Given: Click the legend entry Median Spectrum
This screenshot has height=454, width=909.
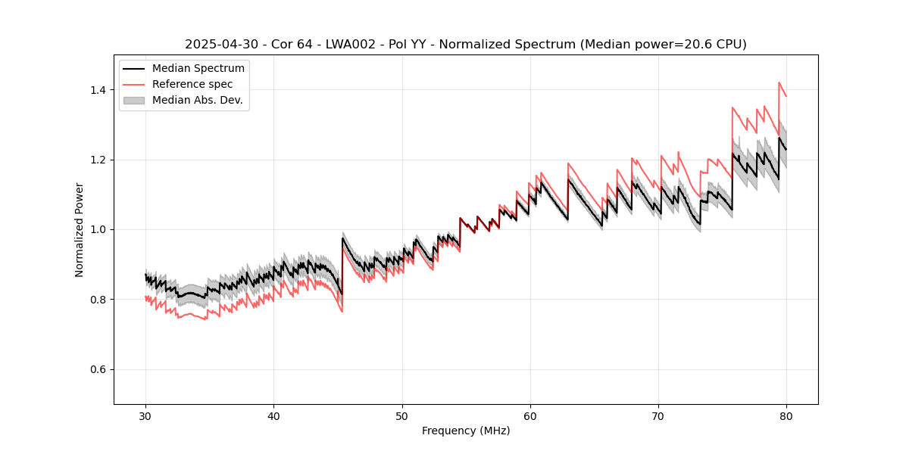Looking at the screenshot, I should (x=198, y=69).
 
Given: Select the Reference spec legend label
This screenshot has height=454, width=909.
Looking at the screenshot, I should (x=192, y=84).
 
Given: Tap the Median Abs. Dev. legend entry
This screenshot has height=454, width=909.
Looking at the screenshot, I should (x=198, y=100).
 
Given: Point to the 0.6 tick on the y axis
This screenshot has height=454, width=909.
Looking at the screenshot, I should (x=100, y=369).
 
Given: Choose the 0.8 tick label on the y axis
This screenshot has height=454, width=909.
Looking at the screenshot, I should (x=100, y=300).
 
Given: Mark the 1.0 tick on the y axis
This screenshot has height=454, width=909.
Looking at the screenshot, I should (x=100, y=229).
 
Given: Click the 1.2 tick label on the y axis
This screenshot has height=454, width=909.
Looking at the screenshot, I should (x=100, y=160).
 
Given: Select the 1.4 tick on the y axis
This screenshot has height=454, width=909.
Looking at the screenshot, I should (x=100, y=90).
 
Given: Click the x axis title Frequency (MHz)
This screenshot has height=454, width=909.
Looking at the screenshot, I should (x=466, y=431).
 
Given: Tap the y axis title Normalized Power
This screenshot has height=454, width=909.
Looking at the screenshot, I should (x=80, y=229).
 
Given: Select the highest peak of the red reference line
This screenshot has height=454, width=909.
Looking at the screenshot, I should (x=779, y=82).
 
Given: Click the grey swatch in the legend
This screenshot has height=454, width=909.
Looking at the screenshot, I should (x=136, y=100).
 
